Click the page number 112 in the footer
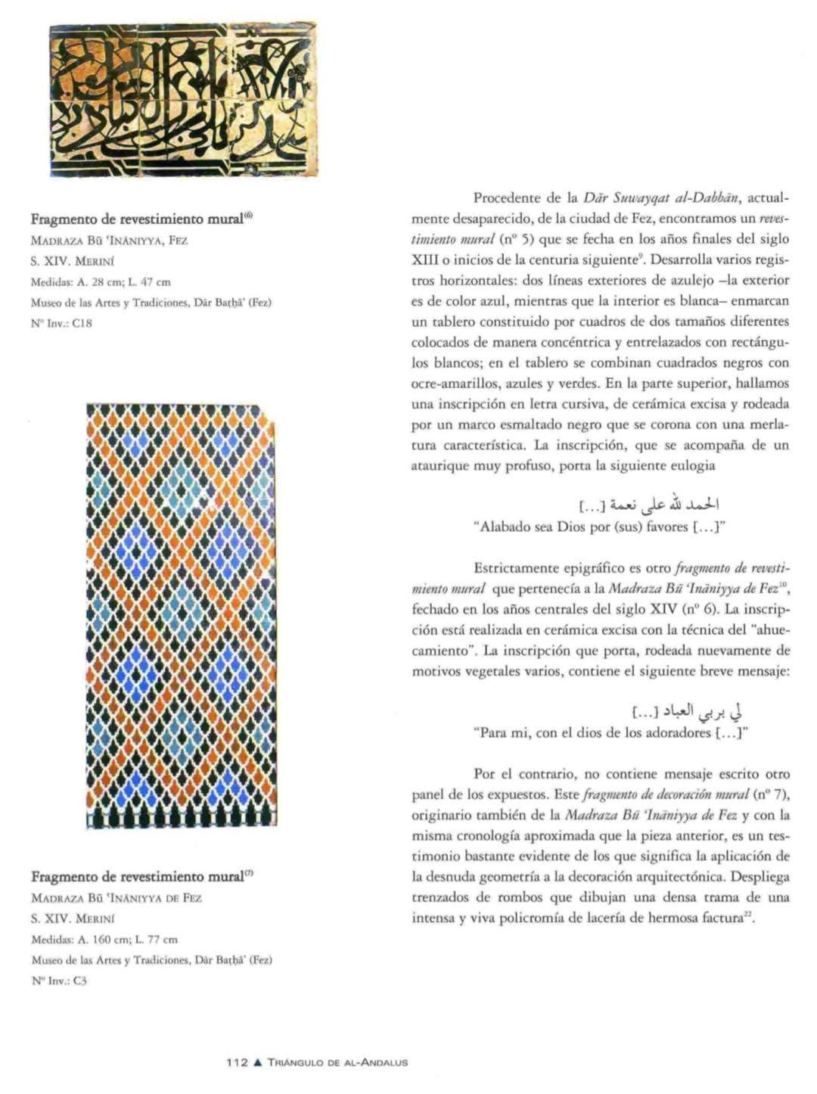pyautogui.click(x=238, y=1062)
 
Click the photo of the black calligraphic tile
pyautogui.click(x=183, y=100)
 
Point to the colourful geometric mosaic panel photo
pyautogui.click(x=182, y=616)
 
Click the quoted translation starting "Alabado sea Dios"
pyautogui.click(x=603, y=527)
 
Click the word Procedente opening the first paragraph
pyautogui.click(x=507, y=199)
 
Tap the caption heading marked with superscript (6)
pyautogui.click(x=141, y=220)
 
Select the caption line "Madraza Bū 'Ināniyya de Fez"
pyautogui.click(x=116, y=899)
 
